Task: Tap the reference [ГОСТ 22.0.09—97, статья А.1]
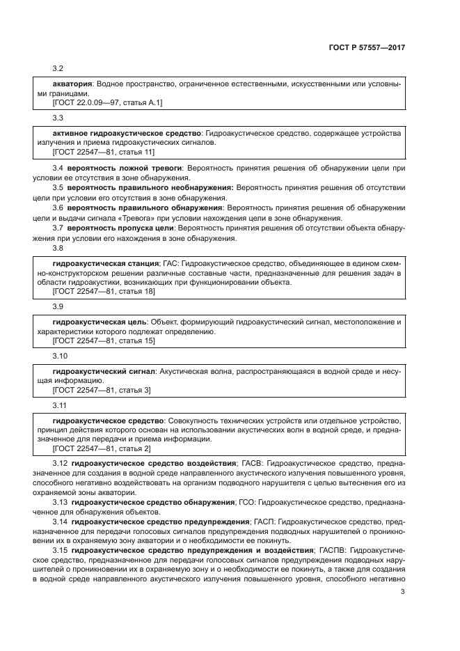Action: click(107, 102)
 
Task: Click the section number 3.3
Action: click(58, 118)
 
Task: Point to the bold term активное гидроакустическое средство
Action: click(127, 132)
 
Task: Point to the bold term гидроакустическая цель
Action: click(100, 322)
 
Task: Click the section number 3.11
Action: click(60, 406)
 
